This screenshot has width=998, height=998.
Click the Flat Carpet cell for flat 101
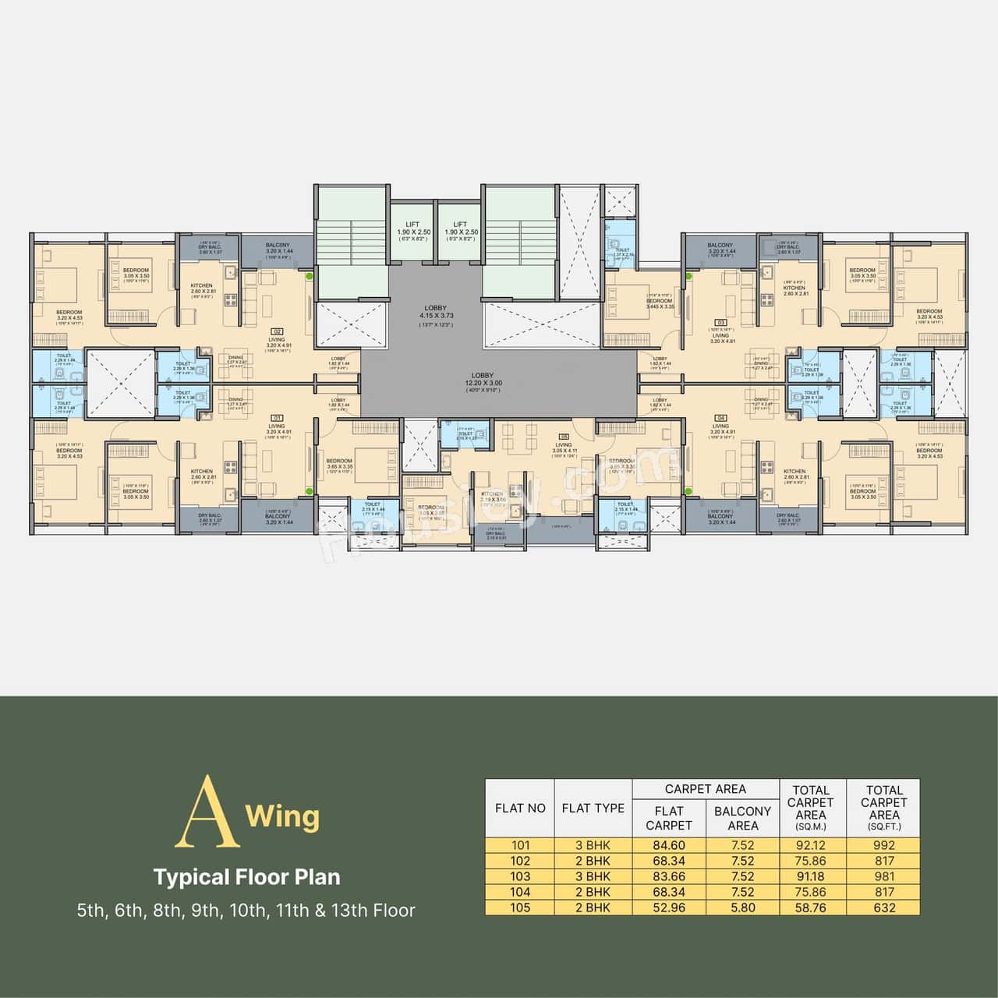pos(669,845)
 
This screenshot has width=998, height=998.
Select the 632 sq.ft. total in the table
pos(884,908)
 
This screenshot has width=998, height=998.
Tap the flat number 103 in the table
pos(520,876)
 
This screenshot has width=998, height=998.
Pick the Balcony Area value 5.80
pos(742,908)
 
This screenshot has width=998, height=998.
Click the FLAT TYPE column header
pos(593,809)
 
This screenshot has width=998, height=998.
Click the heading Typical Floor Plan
pos(246,877)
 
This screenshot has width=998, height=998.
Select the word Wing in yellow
pos(282,817)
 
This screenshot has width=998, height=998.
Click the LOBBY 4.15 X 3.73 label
pos(436,312)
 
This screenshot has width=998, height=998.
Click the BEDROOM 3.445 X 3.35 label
pos(659,303)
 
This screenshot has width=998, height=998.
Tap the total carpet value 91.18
pos(811,876)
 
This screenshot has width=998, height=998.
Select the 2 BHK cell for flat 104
pos(593,892)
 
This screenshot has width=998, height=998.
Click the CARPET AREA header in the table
pos(705,789)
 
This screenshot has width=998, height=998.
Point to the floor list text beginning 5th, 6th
pos(246,911)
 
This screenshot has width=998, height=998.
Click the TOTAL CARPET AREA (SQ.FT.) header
pos(884,808)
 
